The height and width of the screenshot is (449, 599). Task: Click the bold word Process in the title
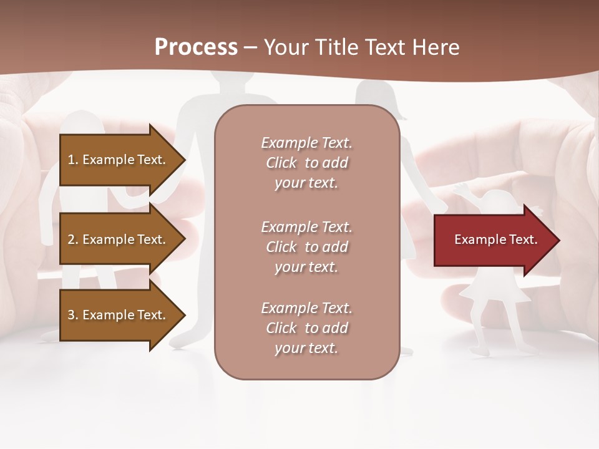[x=196, y=47]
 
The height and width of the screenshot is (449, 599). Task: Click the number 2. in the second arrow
[x=72, y=239]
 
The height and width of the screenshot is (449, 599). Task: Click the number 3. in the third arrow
[x=72, y=315]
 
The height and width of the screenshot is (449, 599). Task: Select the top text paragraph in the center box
[x=306, y=163]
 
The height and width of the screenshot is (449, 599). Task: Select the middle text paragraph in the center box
[x=306, y=247]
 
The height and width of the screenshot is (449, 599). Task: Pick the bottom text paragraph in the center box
[x=306, y=328]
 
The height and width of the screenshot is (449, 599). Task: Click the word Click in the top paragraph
[x=281, y=163]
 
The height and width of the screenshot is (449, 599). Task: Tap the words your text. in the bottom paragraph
[x=306, y=348]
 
